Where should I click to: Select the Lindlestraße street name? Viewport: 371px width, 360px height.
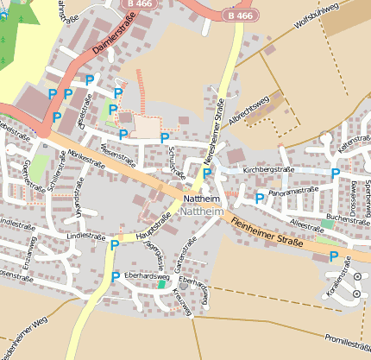click(85, 235)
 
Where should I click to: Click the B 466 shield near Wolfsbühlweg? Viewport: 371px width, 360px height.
click(242, 16)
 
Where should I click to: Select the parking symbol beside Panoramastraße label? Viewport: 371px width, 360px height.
click(259, 198)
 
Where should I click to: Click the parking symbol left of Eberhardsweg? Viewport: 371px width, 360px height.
click(116, 276)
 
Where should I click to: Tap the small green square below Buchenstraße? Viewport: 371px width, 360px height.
click(327, 224)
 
